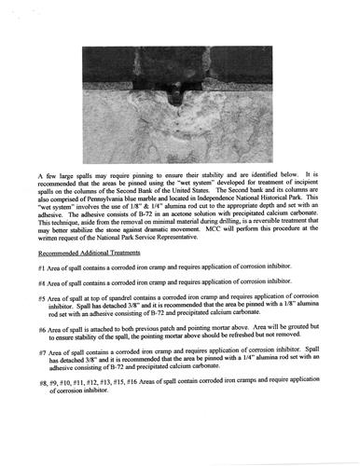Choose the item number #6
pyautogui.click(x=44, y=328)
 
